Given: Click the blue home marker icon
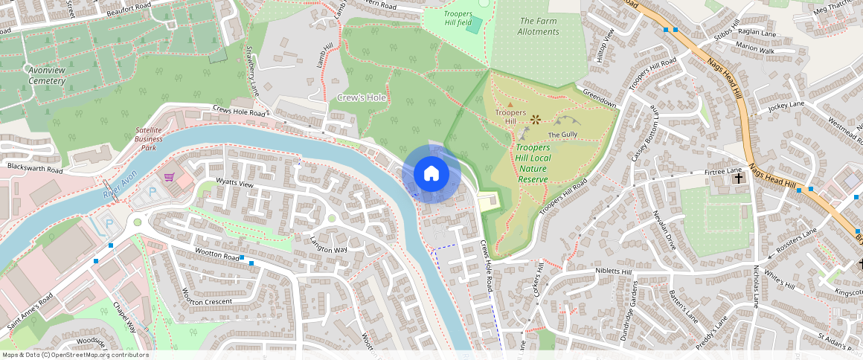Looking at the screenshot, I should coord(431,174).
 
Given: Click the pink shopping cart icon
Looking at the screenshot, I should coord(169,178).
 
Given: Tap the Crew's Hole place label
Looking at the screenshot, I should coord(362,98).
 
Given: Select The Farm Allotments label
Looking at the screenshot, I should coord(539,27).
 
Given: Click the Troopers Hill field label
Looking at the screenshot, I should coord(458,19).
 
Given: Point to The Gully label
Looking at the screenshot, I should coord(562,135).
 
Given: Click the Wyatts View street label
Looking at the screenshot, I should coord(234,183).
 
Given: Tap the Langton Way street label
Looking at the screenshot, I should coord(329,245).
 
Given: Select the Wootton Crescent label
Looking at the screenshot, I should coord(206,302).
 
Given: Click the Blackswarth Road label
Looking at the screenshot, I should coord(35,169).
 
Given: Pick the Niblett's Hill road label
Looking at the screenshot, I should coord(613,271).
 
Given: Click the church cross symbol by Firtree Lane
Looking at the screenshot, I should coord(739,179).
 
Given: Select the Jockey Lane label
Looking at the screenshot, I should coord(787,108).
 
